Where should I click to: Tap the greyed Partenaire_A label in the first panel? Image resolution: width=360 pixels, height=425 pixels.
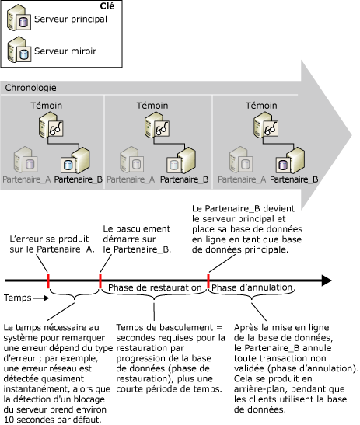(x=28, y=179)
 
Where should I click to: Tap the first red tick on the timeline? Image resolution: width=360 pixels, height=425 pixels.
(x=47, y=280)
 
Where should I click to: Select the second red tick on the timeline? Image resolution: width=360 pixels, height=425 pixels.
(x=100, y=280)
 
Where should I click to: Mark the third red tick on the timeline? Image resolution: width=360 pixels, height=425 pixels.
(x=208, y=280)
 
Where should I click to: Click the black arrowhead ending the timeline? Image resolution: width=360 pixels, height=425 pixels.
(x=327, y=280)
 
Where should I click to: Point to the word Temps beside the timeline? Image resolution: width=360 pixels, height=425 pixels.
(x=17, y=298)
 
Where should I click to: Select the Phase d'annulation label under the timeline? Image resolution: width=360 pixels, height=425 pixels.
(x=247, y=288)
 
